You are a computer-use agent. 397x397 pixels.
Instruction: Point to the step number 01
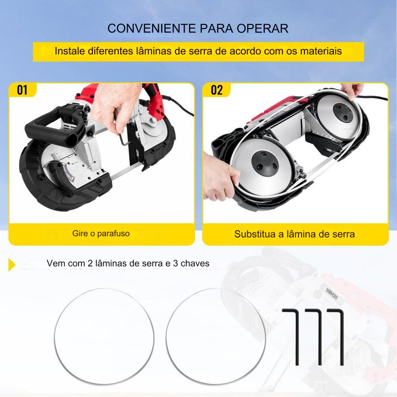[22, 90]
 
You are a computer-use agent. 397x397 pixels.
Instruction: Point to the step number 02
[217, 90]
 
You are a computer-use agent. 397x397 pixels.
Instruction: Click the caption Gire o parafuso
[101, 233]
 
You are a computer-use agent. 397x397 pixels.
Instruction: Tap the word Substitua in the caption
[255, 234]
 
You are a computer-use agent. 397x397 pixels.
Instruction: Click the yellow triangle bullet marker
[12, 264]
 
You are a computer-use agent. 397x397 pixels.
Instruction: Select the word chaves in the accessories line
[195, 263]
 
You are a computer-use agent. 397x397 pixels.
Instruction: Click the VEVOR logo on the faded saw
[331, 294]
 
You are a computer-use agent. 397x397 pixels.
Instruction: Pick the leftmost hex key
[297, 337]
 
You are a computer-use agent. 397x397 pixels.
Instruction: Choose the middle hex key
[320, 337]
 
